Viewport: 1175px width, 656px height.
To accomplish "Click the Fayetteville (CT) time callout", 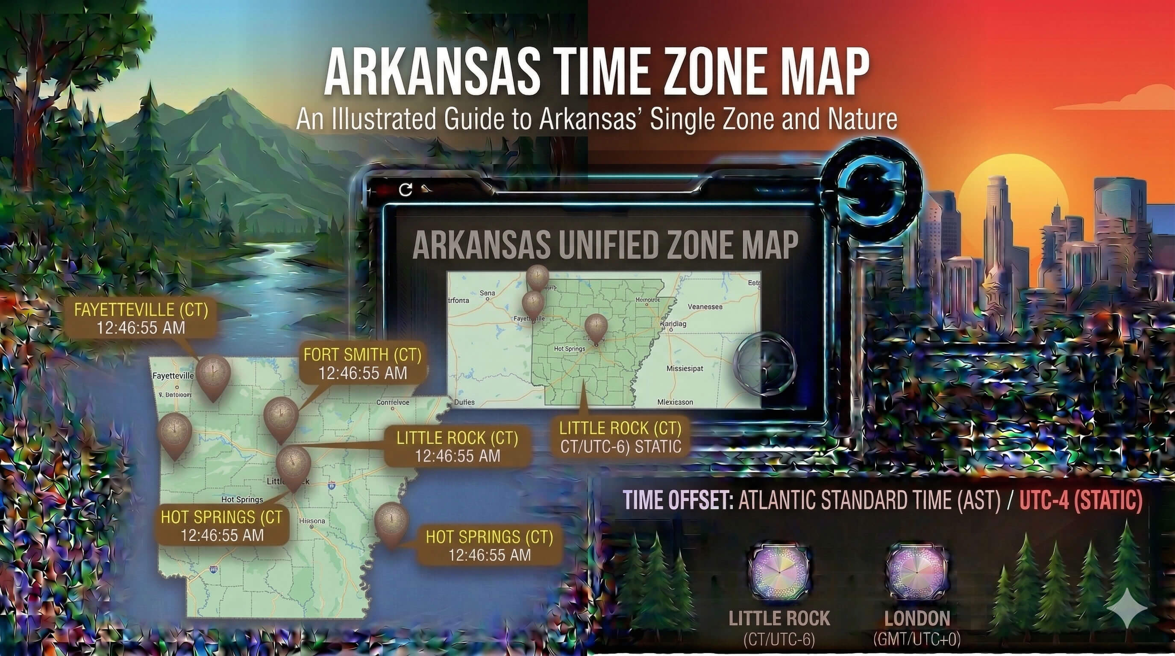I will pyautogui.click(x=141, y=319).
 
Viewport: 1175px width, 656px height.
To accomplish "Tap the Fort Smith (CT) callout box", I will pyautogui.click(x=363, y=364).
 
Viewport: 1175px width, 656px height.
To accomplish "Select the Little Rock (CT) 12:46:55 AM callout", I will pyautogui.click(x=457, y=447).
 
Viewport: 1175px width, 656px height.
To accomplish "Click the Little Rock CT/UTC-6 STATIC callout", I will pyautogui.click(x=620, y=437).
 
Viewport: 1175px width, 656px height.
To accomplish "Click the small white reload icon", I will pyautogui.click(x=405, y=190).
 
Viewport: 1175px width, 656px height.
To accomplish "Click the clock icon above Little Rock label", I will pyautogui.click(x=779, y=572).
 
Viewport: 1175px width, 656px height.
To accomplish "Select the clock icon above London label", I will pyautogui.click(x=917, y=572).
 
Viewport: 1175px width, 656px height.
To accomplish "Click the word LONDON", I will pyautogui.click(x=917, y=618).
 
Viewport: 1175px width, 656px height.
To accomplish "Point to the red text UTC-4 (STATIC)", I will pyautogui.click(x=1081, y=501).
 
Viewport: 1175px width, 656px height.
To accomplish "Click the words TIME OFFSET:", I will pyautogui.click(x=678, y=501).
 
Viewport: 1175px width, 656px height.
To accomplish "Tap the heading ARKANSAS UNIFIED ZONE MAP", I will pyautogui.click(x=605, y=245).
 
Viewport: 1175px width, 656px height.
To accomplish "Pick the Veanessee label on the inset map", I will pyautogui.click(x=705, y=307).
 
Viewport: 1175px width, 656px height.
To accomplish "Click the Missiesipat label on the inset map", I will pyautogui.click(x=684, y=368).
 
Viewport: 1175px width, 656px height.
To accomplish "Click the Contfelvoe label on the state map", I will pyautogui.click(x=392, y=403).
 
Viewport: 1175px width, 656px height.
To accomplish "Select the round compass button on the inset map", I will pyautogui.click(x=765, y=364).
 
